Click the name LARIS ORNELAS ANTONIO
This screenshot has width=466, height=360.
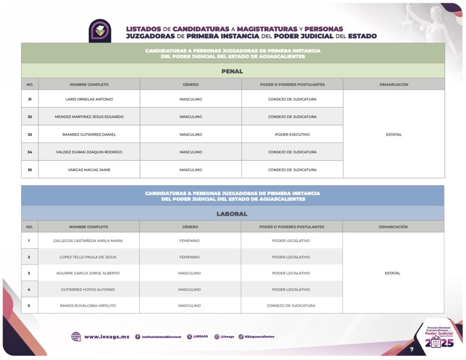[89, 99]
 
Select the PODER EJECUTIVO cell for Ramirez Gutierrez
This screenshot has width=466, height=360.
[292, 135]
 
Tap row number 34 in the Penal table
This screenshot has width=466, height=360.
[30, 152]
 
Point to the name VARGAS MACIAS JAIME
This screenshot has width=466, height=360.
[89, 170]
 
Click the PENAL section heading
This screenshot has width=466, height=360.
[232, 71]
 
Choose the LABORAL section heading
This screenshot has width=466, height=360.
[232, 214]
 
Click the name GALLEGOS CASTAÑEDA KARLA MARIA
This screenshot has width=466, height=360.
[88, 241]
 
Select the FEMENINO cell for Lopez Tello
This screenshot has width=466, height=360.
[189, 257]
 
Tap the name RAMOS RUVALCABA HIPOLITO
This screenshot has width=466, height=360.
[88, 306]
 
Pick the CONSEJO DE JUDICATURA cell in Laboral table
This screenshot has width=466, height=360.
[291, 306]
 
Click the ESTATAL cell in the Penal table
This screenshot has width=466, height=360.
[394, 135]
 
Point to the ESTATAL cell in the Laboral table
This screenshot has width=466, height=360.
[393, 273]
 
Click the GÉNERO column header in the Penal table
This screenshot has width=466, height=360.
[191, 85]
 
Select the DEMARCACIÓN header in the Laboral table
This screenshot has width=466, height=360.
[393, 227]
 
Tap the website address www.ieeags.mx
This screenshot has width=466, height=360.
[106, 337]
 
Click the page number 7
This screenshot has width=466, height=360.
[411, 350]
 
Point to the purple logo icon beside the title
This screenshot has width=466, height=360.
[100, 30]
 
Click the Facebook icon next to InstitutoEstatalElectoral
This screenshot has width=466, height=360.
[137, 337]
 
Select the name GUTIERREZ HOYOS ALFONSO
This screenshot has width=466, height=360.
[88, 289]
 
